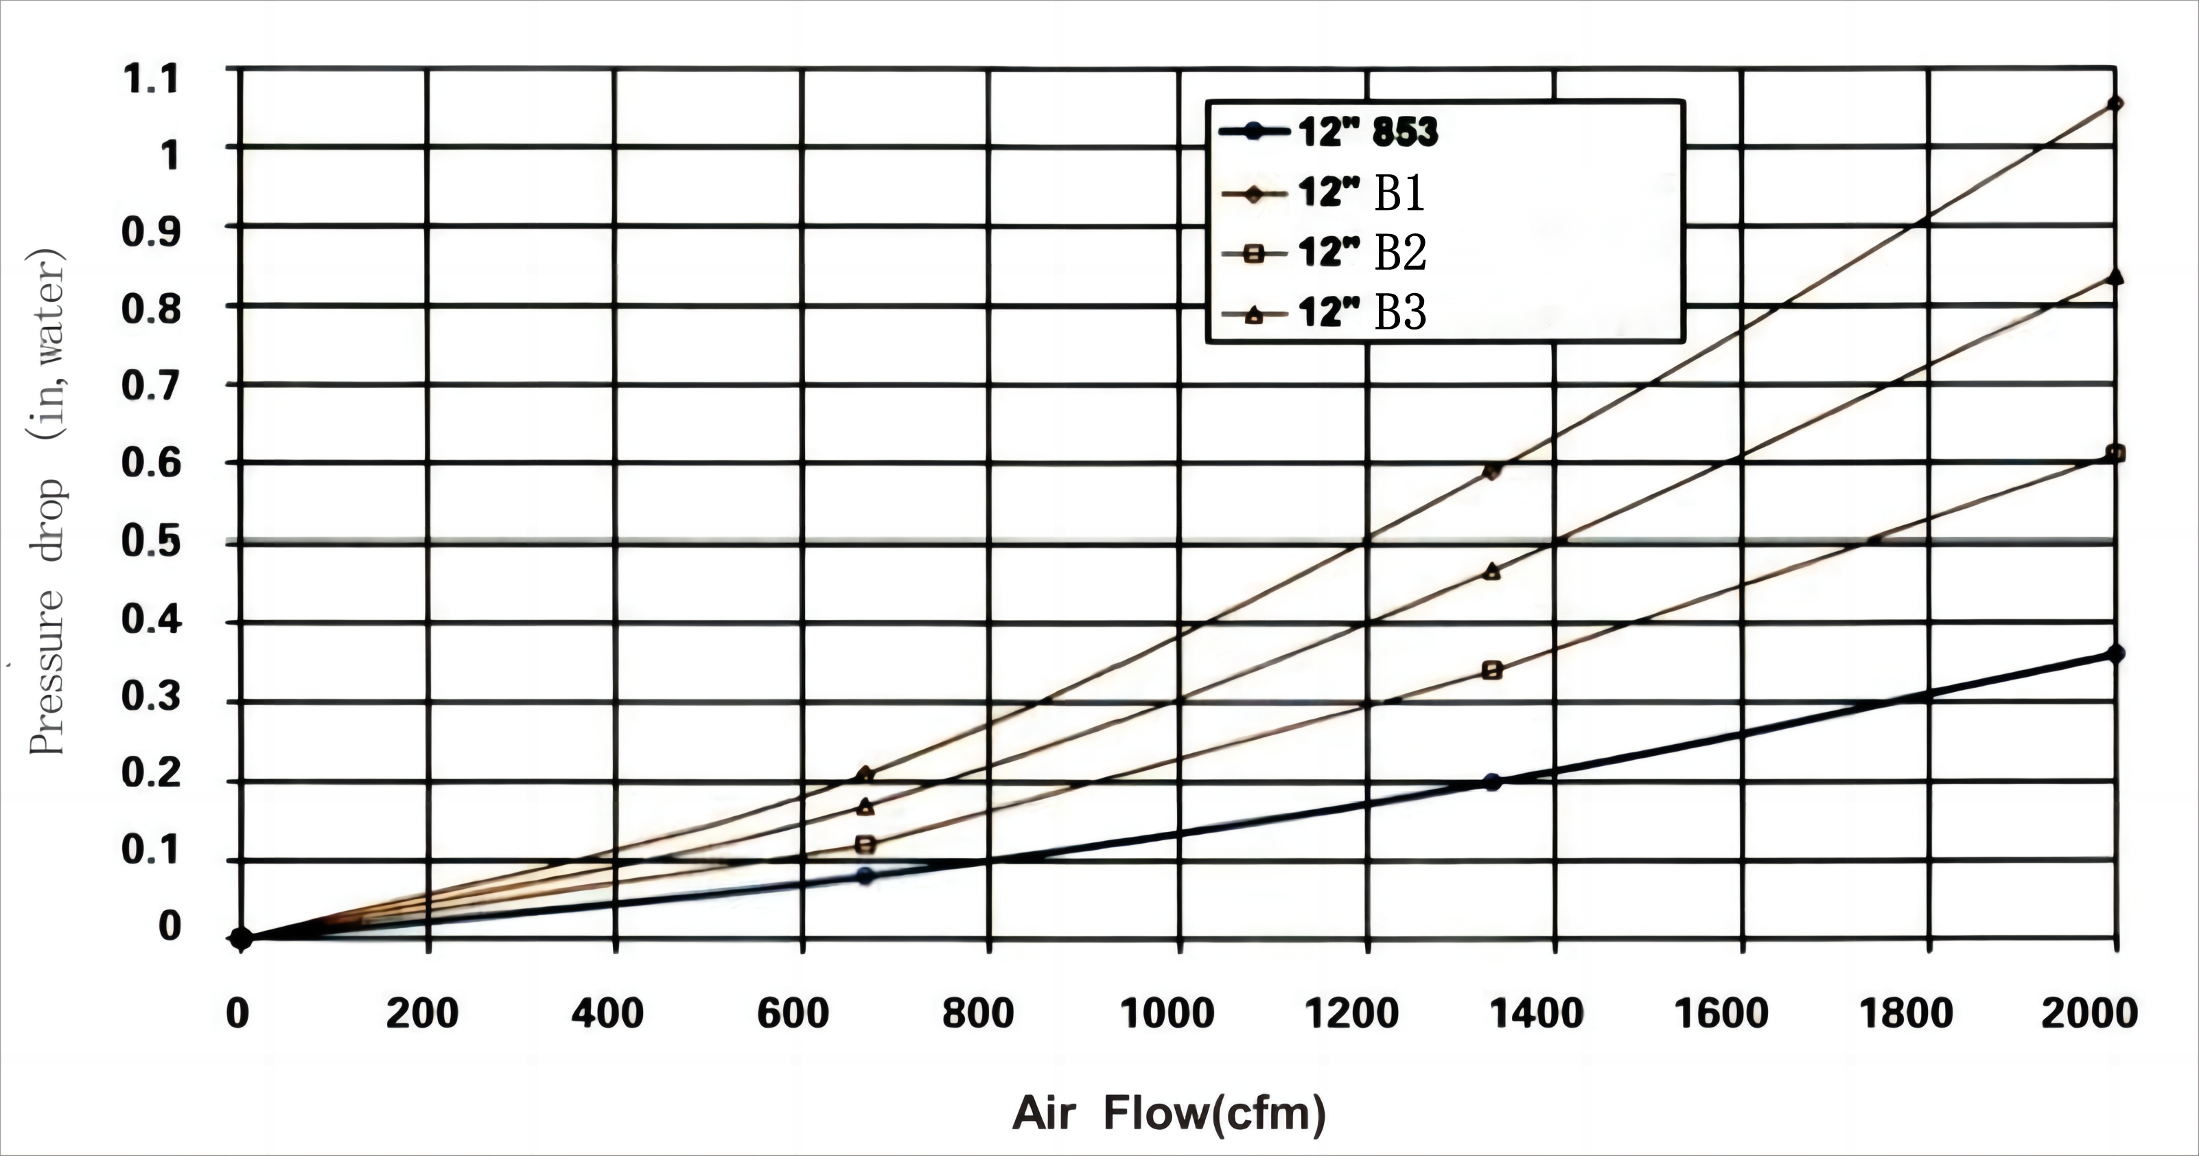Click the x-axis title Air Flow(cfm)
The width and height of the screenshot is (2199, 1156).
(x=1169, y=1113)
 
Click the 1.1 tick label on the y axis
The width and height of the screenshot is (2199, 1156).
(x=151, y=80)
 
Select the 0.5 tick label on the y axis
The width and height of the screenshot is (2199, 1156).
(x=151, y=542)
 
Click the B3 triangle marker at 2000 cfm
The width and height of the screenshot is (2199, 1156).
(x=2115, y=277)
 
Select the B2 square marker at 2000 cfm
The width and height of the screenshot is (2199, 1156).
(x=2115, y=453)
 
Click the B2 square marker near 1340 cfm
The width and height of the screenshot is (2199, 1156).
(x=1492, y=670)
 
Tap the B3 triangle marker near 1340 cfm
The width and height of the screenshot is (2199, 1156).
(x=1491, y=572)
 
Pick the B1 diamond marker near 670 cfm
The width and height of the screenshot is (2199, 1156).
(x=865, y=774)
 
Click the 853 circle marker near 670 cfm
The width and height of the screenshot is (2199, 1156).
(x=865, y=876)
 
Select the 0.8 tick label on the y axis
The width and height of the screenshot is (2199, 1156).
(x=151, y=308)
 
